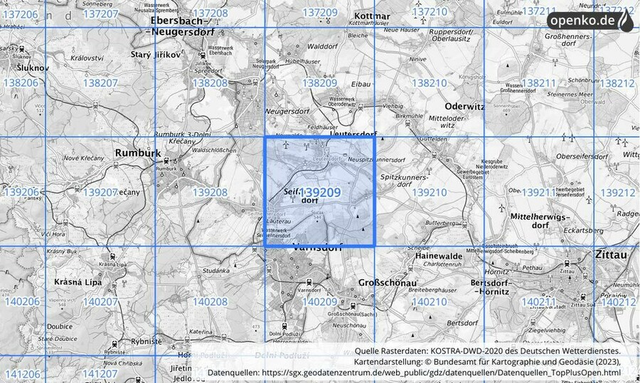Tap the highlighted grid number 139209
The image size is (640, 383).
pyautogui.click(x=319, y=193)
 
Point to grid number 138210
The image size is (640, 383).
pyautogui.click(x=430, y=83)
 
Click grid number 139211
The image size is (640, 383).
pyautogui.click(x=538, y=193)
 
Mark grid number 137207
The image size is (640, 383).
pyautogui.click(x=100, y=14)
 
